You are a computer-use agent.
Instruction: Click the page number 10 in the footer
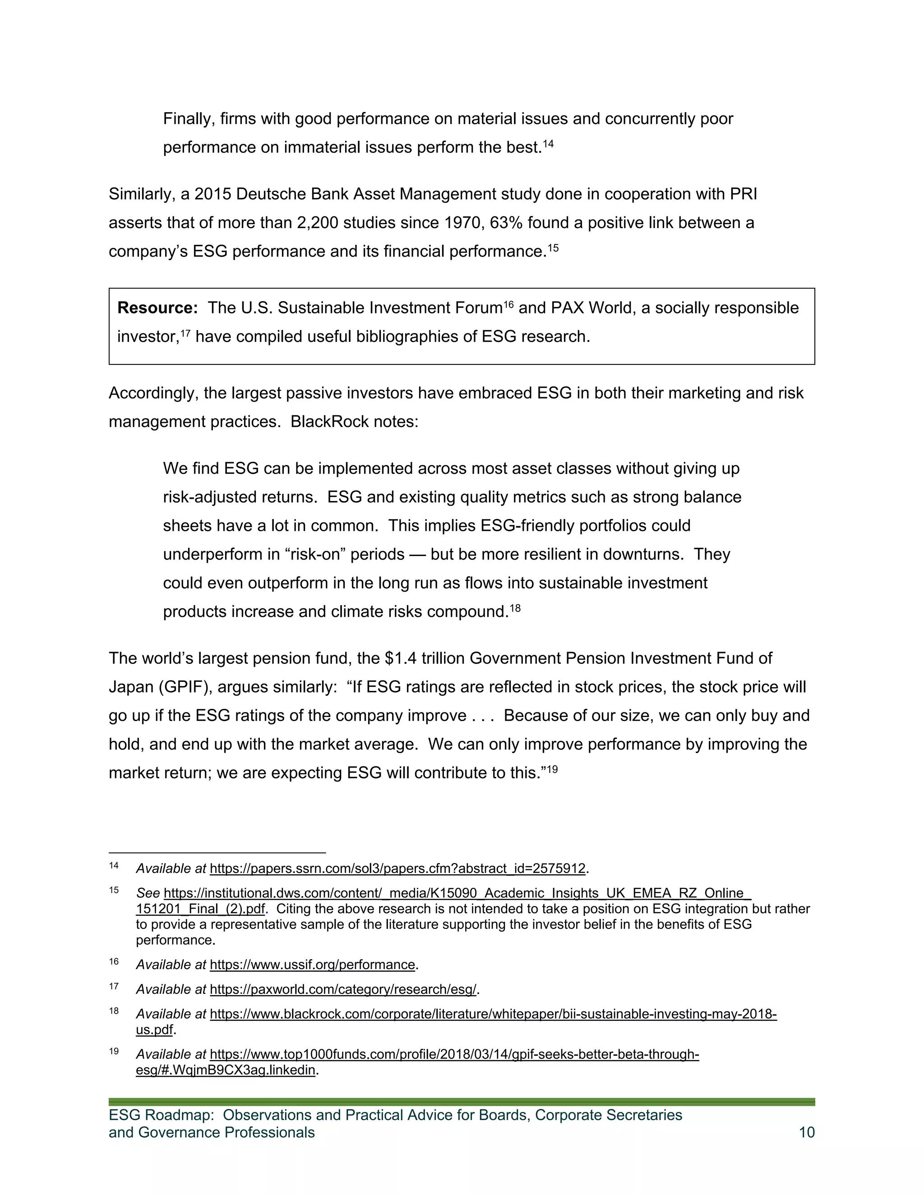[806, 1132]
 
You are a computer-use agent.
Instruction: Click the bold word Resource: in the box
[157, 308]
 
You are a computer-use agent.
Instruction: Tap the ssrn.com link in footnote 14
[397, 869]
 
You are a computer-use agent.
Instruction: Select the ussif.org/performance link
[312, 965]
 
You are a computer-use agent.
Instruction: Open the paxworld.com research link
[343, 989]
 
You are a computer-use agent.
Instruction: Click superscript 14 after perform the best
[548, 143]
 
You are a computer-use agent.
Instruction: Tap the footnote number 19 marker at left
[114, 1051]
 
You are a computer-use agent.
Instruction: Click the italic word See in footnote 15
[148, 893]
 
